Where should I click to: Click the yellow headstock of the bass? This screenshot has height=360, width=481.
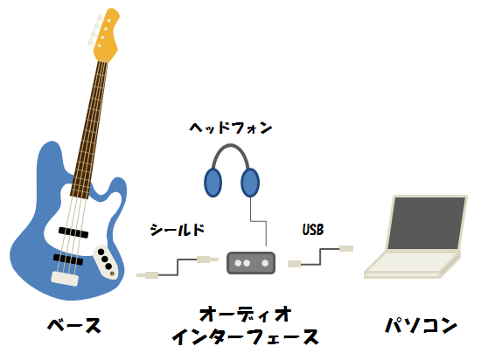pos(106,35)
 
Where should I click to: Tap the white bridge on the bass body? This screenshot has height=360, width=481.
pos(65,278)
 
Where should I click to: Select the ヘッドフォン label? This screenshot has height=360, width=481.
pos(230,128)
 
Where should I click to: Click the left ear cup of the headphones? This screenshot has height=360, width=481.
pos(213,183)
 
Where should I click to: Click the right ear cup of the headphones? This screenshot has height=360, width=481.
pos(250,183)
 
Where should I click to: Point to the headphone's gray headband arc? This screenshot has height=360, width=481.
pos(230,146)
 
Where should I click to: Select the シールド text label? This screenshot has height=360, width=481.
pos(178,230)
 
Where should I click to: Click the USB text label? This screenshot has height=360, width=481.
pos(313,230)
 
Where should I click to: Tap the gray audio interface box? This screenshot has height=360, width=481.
pos(251,262)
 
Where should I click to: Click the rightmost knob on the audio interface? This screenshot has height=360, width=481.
pos(265,263)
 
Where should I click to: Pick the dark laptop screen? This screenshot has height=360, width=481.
pos(427,223)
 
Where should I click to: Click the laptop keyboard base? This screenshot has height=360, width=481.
pos(412,264)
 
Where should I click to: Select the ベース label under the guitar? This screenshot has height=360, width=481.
pos(74,325)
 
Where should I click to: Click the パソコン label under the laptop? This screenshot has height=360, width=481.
pos(422,325)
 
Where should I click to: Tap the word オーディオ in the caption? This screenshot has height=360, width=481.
pos(245,314)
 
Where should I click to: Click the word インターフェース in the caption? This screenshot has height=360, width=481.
pos(245,336)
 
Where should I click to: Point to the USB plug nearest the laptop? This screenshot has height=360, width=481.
pos(346,248)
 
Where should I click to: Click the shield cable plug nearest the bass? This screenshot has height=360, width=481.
pos(148,275)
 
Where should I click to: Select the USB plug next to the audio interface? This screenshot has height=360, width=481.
pos(295,264)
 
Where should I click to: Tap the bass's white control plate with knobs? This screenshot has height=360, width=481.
pos(106,261)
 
